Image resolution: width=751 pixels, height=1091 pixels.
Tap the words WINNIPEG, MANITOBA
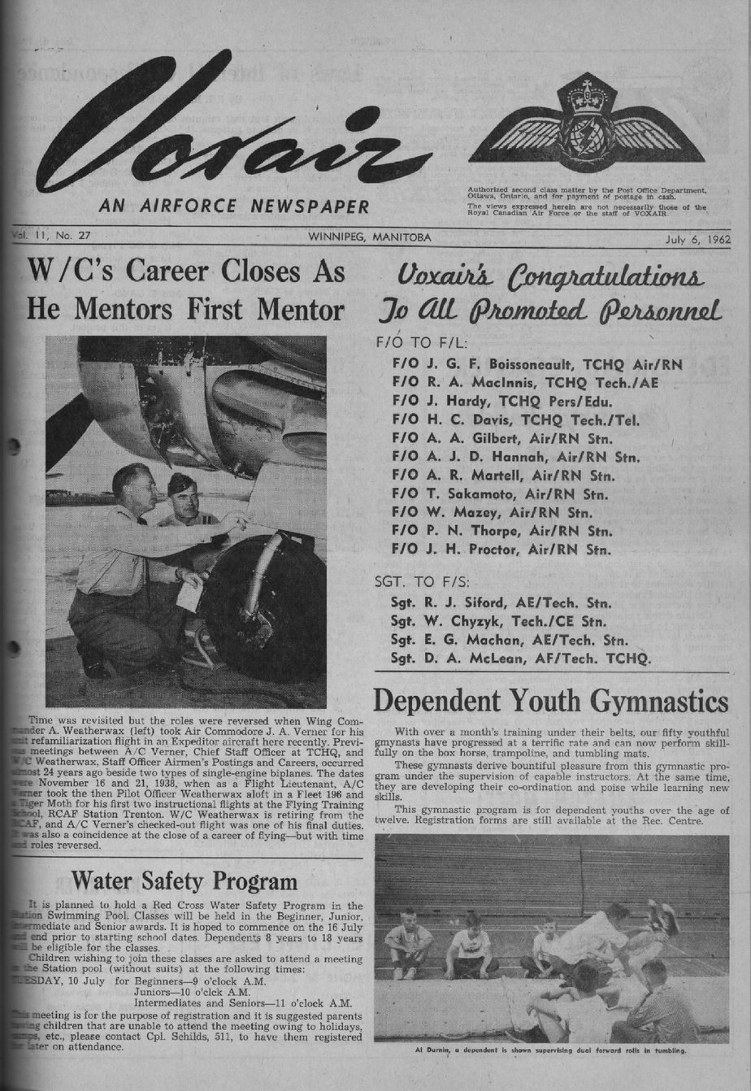[x=370, y=238]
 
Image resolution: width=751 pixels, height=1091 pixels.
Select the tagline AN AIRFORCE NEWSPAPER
[x=234, y=206]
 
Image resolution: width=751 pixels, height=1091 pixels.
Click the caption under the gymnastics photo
[x=551, y=1050]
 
